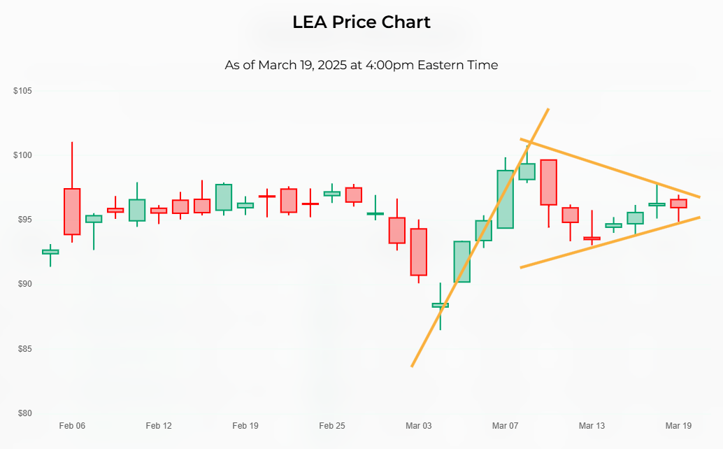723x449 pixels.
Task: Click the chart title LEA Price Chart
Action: (361, 22)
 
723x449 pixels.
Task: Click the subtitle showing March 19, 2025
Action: (361, 65)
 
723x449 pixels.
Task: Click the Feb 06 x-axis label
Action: (72, 426)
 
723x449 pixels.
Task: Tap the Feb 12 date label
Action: (159, 426)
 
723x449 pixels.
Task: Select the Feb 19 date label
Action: (245, 426)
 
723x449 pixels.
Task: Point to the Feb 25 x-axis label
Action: (332, 426)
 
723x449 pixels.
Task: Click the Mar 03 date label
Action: (419, 426)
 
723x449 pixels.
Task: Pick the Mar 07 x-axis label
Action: (505, 426)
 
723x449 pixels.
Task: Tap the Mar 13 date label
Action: (592, 426)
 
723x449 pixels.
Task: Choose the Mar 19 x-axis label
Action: (678, 426)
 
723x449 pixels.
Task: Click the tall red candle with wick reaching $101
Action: (72, 211)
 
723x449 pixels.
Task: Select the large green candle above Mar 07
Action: (505, 199)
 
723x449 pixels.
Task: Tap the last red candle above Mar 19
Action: (678, 204)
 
